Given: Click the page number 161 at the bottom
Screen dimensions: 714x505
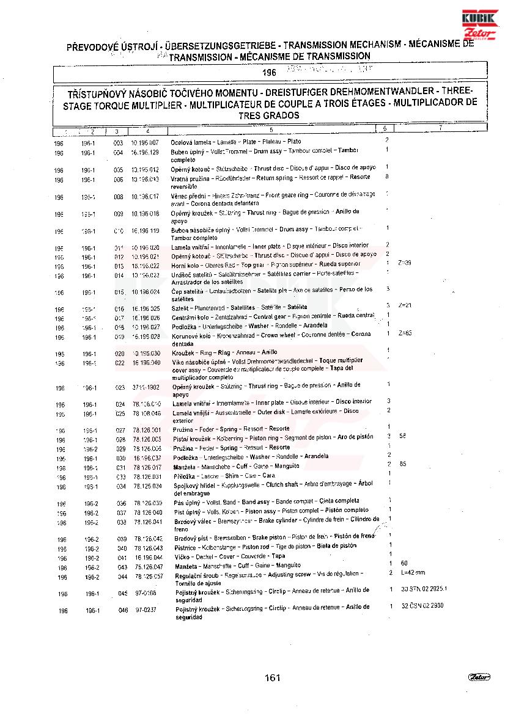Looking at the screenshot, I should point(273,677).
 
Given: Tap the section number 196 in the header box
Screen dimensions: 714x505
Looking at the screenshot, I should point(269,73).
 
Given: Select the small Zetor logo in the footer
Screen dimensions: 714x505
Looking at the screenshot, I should point(478,676).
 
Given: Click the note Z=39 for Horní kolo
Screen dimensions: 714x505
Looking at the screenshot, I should point(404,263).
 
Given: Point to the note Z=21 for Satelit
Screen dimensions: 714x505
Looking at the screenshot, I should point(405,305).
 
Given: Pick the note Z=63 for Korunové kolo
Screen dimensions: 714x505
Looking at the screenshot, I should point(405,333).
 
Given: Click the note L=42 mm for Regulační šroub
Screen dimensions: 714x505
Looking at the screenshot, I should point(413,573).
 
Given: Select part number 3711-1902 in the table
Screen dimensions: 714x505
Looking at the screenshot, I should point(146,387).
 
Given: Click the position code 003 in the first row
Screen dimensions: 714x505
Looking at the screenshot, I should point(119,142).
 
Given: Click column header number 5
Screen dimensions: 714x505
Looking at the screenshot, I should point(270,130).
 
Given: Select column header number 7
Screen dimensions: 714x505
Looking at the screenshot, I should point(440,128).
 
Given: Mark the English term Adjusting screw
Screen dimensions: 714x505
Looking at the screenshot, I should point(291,574).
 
